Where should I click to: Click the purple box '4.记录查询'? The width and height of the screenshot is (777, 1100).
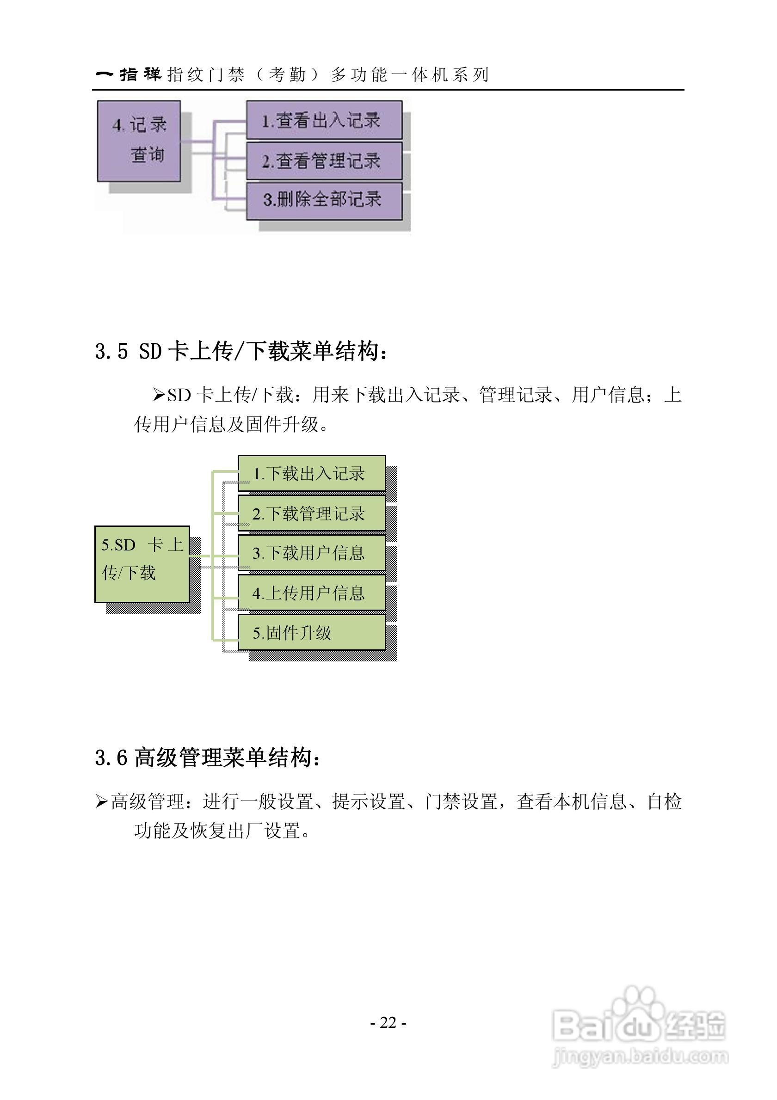pyautogui.click(x=139, y=141)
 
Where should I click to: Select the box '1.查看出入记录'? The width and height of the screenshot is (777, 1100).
pyautogui.click(x=324, y=120)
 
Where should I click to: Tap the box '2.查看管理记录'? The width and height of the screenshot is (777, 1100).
pyautogui.click(x=324, y=160)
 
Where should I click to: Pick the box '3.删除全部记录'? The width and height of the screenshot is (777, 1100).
pyautogui.click(x=324, y=200)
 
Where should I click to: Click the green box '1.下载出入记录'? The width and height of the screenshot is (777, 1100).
pyautogui.click(x=312, y=473)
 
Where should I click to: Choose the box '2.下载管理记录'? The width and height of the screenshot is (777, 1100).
pyautogui.click(x=312, y=513)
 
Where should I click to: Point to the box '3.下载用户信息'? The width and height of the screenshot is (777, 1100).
pyautogui.click(x=312, y=553)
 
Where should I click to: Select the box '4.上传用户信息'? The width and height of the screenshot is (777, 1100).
pyautogui.click(x=312, y=593)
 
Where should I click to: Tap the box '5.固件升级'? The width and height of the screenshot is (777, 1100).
pyautogui.click(x=312, y=632)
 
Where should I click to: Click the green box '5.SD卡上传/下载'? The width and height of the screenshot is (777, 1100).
pyautogui.click(x=142, y=564)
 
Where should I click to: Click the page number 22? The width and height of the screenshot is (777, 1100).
pyautogui.click(x=388, y=1023)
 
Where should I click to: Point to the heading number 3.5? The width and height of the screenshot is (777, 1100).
pyautogui.click(x=111, y=352)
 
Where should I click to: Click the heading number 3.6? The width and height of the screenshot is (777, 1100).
pyautogui.click(x=111, y=758)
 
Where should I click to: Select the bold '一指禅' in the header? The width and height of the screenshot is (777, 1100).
pyautogui.click(x=129, y=74)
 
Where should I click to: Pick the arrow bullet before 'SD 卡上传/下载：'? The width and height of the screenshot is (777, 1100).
pyautogui.click(x=159, y=395)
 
